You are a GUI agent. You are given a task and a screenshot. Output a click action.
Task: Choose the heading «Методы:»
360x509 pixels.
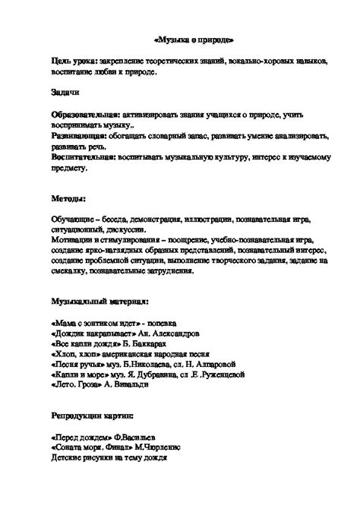pos(69,197)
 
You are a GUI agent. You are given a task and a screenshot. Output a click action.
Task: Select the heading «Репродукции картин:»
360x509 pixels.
pos(93,417)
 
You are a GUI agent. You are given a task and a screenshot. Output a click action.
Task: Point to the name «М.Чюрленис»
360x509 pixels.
pos(176,448)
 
